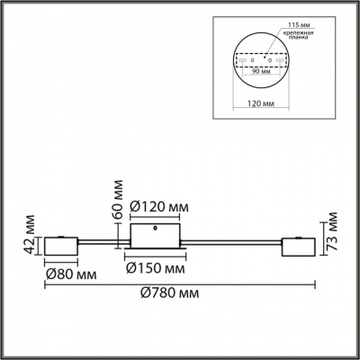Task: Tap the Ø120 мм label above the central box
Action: (159, 209)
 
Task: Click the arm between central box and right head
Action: (234, 240)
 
